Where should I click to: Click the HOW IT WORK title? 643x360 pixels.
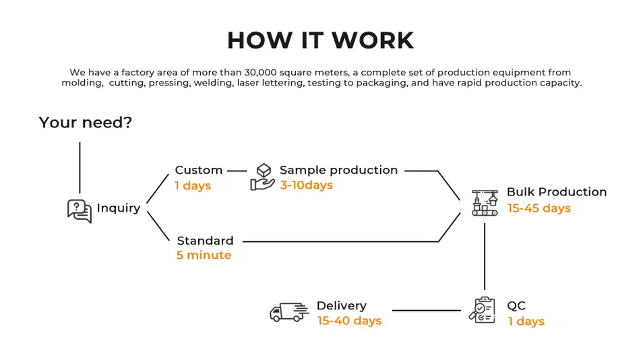pos(320,41)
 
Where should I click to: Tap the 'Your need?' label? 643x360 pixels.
pos(85,123)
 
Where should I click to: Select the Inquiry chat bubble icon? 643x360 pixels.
pos(79,210)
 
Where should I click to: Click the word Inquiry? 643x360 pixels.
pos(119,208)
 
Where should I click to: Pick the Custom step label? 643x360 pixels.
pos(198,171)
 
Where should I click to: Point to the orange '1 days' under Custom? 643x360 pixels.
pos(193,186)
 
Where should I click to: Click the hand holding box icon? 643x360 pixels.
pos(262,177)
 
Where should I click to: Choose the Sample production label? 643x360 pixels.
pos(338,171)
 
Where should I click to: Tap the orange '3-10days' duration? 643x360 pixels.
pos(306,185)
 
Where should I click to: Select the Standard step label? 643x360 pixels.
pos(205,241)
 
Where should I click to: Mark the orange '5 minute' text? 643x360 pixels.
pos(204,256)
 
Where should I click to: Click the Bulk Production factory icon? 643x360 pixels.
pos(485,202)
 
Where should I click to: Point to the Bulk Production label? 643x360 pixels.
pos(557,192)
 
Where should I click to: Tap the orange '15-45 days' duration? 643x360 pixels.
pos(539,208)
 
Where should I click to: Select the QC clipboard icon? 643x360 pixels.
pos(482,310)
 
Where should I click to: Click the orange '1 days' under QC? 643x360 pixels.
pos(526,322)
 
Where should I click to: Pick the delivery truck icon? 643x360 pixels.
pos(288,311)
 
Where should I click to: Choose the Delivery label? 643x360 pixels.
pos(341,306)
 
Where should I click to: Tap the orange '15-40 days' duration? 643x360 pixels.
pos(349,321)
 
